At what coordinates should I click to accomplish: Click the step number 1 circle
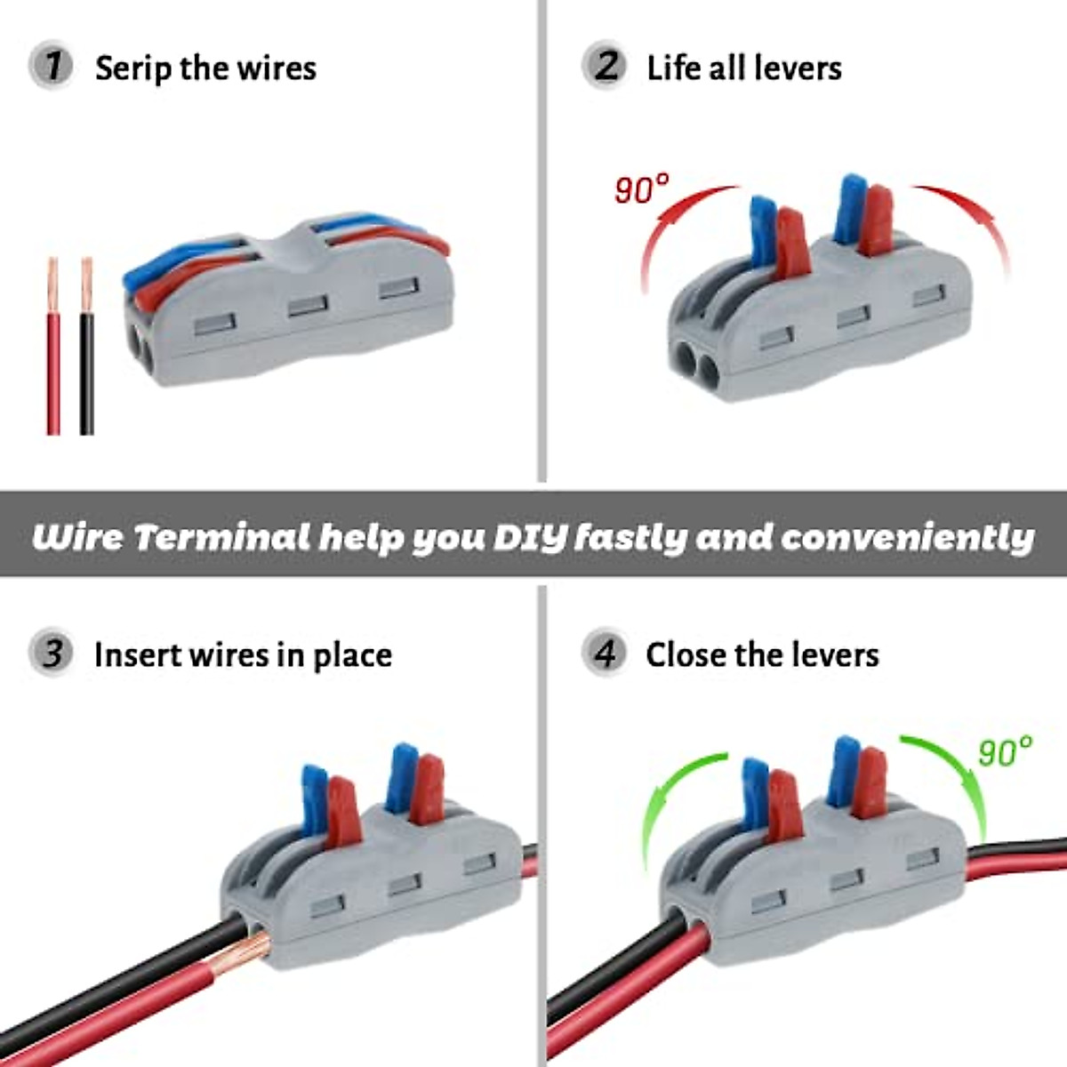tap(52, 67)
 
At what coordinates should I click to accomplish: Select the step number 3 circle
tap(52, 654)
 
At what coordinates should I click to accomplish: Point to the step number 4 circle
tap(605, 654)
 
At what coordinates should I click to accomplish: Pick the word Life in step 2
tap(674, 68)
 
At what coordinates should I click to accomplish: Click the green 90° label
tap(1005, 751)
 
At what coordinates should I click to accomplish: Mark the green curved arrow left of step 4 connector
tap(676, 800)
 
